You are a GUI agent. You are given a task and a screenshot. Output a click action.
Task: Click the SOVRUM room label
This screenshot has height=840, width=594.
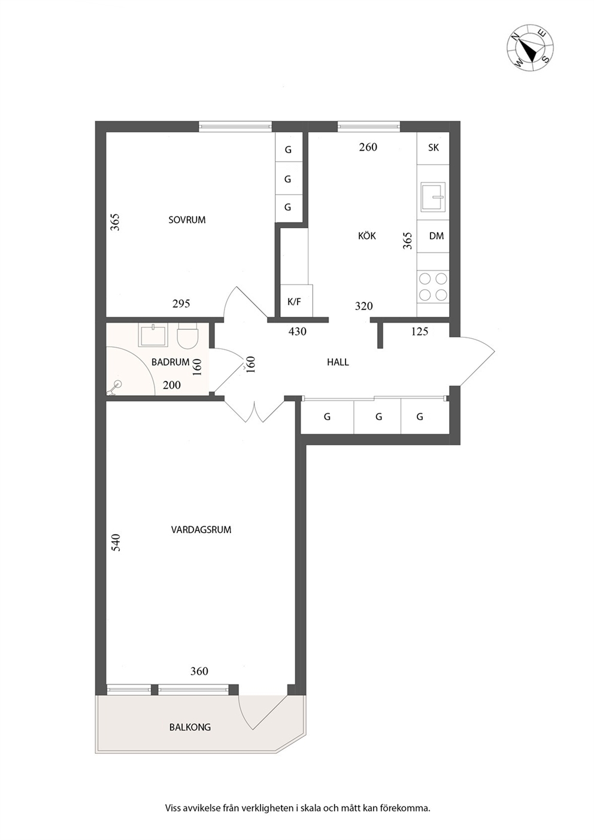187,220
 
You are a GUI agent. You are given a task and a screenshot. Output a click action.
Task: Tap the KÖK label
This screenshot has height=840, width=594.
366,235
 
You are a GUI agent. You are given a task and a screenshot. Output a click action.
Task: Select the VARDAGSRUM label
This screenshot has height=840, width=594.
201,530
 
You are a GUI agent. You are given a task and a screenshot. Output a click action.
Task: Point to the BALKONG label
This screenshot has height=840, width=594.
190,727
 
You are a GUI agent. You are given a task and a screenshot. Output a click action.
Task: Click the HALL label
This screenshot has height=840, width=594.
338,362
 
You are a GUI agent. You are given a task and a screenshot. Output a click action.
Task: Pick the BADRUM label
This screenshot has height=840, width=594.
170,362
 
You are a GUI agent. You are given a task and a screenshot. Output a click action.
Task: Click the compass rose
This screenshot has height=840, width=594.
531,48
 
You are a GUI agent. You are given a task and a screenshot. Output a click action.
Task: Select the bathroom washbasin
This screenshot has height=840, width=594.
153,335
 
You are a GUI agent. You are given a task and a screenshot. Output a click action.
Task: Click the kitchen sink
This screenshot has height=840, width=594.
433,196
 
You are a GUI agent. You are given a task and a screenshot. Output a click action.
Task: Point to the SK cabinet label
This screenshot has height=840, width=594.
434,147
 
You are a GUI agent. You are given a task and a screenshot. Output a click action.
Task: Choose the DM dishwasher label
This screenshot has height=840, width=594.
437,236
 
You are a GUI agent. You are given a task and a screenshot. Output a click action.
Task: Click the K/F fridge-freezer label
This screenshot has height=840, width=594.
294,302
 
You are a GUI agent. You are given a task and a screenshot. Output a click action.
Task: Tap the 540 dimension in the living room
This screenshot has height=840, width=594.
116,542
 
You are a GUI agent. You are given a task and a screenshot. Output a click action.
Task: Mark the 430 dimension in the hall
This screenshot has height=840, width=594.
298,332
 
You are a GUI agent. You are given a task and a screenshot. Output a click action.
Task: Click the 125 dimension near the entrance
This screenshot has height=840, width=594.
419,332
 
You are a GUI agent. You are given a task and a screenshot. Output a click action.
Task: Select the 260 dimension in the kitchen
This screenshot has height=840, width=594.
368,147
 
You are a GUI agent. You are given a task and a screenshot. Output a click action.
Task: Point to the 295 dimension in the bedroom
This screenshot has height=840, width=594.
181,304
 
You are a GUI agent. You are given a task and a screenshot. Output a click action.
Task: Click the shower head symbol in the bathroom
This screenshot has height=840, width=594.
114,387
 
